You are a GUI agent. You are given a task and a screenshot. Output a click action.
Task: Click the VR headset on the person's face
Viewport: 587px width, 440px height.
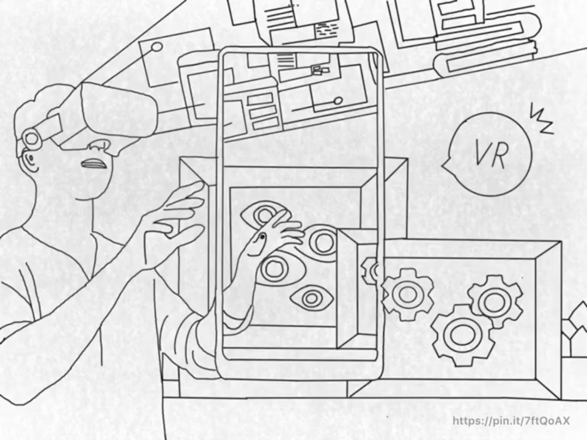(116, 113)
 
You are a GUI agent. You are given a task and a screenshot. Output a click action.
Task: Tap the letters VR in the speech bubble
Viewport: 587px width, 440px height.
(490, 155)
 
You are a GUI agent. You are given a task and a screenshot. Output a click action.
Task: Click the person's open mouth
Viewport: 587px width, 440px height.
(95, 164)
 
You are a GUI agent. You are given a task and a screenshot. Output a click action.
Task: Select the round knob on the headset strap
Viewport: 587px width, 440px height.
(31, 139)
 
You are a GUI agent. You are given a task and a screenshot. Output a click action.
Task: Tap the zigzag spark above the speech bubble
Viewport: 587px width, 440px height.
(541, 119)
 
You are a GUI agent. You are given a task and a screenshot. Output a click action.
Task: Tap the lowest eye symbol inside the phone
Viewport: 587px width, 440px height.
(312, 298)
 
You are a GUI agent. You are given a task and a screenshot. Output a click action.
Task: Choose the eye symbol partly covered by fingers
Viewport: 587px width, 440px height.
(264, 215)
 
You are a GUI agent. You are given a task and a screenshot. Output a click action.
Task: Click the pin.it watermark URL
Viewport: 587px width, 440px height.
(511, 420)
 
